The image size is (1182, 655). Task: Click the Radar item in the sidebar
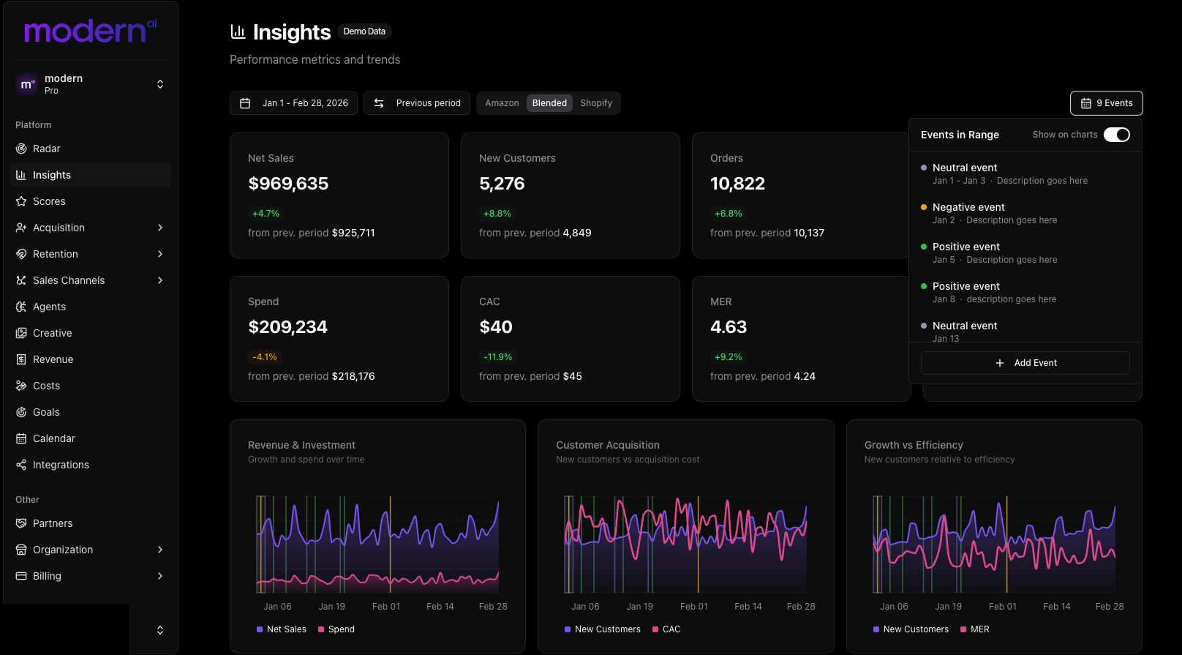click(x=46, y=149)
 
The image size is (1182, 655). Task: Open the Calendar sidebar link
click(x=53, y=438)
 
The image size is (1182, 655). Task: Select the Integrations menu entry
click(x=61, y=465)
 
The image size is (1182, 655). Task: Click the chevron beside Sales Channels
click(x=160, y=280)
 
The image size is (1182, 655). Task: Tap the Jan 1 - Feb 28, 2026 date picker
click(x=294, y=103)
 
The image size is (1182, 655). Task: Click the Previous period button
click(x=417, y=103)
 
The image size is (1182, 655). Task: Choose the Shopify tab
click(x=595, y=103)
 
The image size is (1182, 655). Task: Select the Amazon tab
click(x=502, y=103)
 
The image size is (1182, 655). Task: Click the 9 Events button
click(x=1106, y=103)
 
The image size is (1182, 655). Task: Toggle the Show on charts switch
click(x=1116, y=135)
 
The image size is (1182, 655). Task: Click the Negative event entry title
click(x=968, y=207)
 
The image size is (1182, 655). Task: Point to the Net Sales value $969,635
click(x=288, y=184)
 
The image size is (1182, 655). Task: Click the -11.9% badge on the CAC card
click(x=497, y=357)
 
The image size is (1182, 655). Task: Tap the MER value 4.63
click(x=729, y=327)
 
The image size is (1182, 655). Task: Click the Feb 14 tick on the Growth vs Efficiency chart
click(x=1056, y=607)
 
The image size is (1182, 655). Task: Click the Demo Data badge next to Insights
click(x=364, y=31)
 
